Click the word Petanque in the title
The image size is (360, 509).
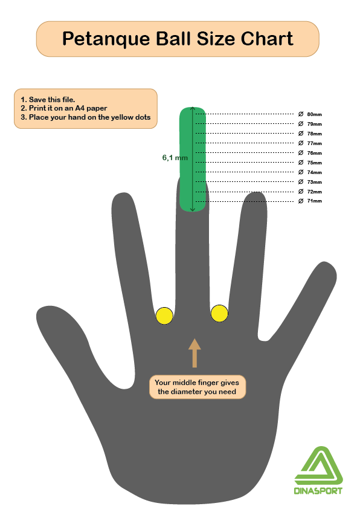pyautogui.click(x=106, y=39)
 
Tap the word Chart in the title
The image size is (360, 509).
pyautogui.click(x=267, y=39)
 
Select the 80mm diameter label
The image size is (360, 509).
pyautogui.click(x=315, y=114)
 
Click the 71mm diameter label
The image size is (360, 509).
pyautogui.click(x=315, y=201)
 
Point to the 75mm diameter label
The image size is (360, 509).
pyautogui.click(x=315, y=163)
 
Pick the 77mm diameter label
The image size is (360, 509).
pyautogui.click(x=315, y=143)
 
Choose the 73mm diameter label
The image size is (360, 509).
pyautogui.click(x=315, y=182)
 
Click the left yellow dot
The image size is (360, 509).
pyautogui.click(x=164, y=316)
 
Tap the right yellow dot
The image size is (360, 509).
pyautogui.click(x=219, y=314)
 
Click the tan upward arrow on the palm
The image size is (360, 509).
pyautogui.click(x=194, y=353)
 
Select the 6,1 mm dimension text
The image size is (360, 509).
pyautogui.click(x=175, y=158)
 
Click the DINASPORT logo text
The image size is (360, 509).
pyautogui.click(x=318, y=490)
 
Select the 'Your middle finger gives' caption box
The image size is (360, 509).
pyautogui.click(x=198, y=387)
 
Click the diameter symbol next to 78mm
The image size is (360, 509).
pyautogui.click(x=301, y=134)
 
